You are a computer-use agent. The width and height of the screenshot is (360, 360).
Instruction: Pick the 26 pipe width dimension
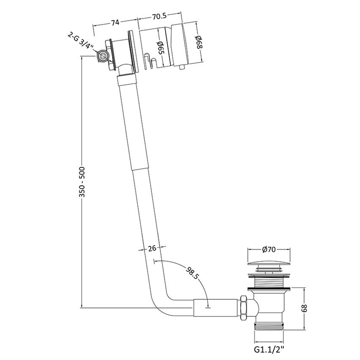(151, 248)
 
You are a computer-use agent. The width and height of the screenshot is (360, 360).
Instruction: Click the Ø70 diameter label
(269, 249)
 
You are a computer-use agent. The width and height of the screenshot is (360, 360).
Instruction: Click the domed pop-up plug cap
(269, 264)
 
